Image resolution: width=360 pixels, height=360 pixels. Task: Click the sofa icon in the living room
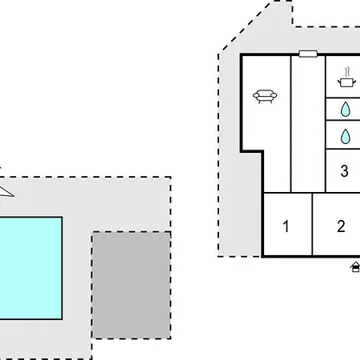[265, 96]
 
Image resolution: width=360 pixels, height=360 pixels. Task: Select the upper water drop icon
[346, 109]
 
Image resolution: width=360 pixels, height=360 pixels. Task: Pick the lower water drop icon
[346, 136]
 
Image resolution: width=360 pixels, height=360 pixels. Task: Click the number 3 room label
[344, 171]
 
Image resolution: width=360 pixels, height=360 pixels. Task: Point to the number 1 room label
[286, 226]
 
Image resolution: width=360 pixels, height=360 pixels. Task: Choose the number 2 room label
[341, 226]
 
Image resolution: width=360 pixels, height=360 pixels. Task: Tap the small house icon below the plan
[355, 267]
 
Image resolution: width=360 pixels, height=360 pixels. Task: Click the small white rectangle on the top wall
[308, 54]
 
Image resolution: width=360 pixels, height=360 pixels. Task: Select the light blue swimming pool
[30, 268]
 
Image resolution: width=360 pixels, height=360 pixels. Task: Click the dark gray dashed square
[131, 286]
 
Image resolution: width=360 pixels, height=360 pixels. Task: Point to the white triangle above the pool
[6, 192]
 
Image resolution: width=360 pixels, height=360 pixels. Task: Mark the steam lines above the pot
[346, 72]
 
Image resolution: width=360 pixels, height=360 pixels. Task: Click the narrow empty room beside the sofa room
[308, 124]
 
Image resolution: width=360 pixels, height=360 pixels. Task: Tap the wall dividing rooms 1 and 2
[312, 225]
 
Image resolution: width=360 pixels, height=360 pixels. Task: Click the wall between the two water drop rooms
[343, 120]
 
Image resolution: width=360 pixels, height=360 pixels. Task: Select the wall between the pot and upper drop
[343, 98]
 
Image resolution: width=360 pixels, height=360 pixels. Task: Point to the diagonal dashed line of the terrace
[246, 26]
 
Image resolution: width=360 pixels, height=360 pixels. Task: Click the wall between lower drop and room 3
[343, 149]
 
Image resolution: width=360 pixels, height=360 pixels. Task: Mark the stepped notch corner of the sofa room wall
[262, 152]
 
